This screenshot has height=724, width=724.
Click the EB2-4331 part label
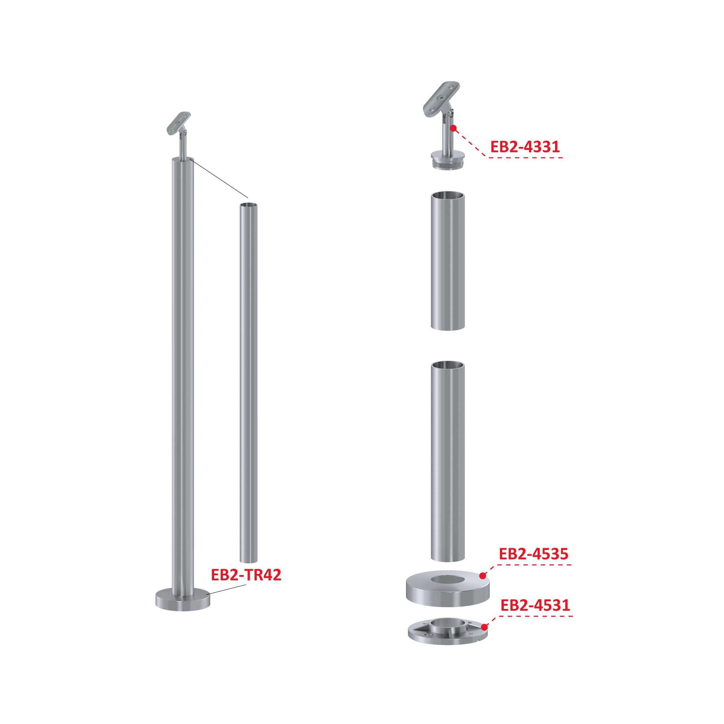pos(525,147)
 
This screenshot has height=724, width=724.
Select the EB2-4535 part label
pos(533,554)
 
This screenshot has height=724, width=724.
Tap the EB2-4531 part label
pos(535,605)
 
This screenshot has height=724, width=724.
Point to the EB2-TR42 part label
pos(246,575)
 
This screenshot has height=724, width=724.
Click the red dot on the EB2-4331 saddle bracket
pos(453,128)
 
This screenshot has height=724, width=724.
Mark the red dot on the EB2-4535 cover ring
pos(482,576)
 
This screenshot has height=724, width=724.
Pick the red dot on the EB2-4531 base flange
pos(484,627)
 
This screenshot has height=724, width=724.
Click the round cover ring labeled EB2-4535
pos(448,588)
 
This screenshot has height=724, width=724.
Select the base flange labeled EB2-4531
pos(448,631)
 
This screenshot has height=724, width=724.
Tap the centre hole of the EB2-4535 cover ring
pos(448,580)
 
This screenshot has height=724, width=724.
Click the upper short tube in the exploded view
pos(448,261)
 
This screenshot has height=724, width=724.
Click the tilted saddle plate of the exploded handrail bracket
pos(441,99)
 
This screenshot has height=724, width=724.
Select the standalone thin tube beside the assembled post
pos(249,382)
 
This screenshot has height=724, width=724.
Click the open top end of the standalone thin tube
pos(249,205)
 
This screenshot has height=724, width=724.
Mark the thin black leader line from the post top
pos(219,178)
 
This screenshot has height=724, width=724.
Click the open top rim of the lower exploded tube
pos(448,365)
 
